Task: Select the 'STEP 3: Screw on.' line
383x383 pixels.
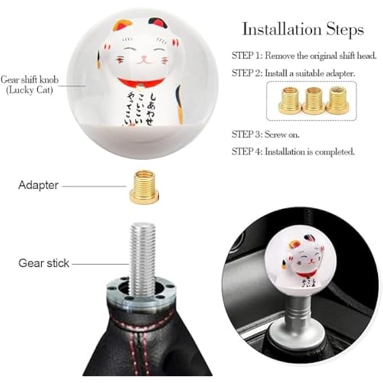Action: tap(267, 135)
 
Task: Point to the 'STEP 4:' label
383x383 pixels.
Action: tap(247, 152)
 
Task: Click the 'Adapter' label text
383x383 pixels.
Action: tap(38, 185)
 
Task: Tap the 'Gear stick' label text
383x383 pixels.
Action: tap(44, 263)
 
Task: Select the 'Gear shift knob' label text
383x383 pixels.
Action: tap(30, 79)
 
